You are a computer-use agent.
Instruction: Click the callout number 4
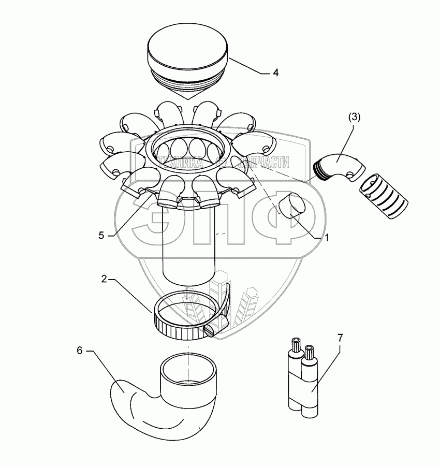(x=276, y=72)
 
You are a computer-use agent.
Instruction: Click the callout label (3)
(x=354, y=118)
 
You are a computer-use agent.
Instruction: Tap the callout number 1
(x=327, y=238)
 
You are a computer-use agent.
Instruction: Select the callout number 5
(x=101, y=236)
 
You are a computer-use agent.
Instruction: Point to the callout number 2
(x=104, y=279)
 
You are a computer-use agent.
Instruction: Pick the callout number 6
(x=79, y=351)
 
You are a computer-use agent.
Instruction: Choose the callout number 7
(x=340, y=338)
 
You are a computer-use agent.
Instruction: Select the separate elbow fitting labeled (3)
(x=339, y=167)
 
